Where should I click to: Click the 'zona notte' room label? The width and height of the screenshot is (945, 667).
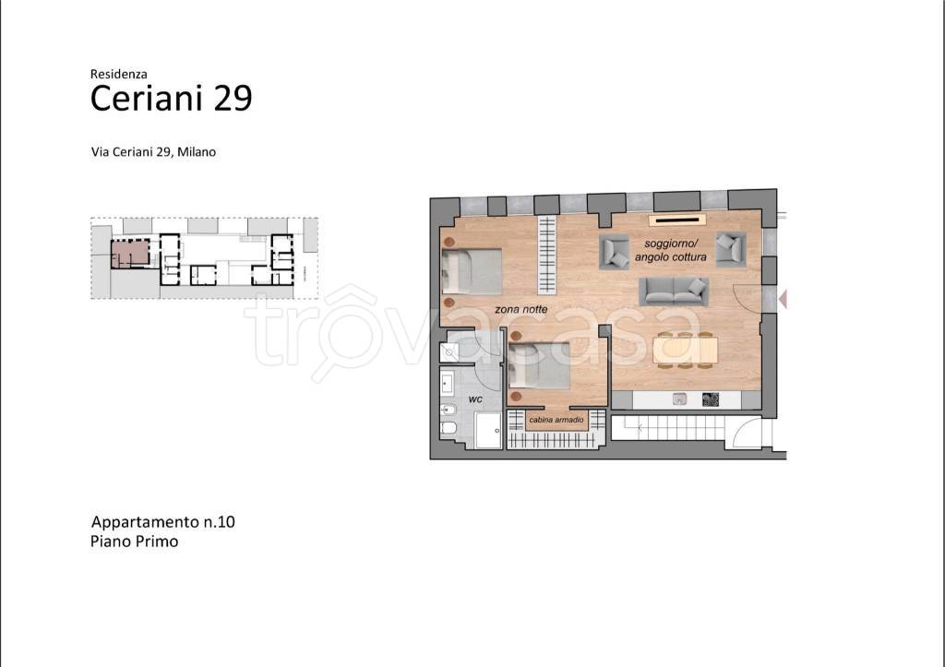pyautogui.click(x=520, y=310)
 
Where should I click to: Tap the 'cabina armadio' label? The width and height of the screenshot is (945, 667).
pyautogui.click(x=556, y=420)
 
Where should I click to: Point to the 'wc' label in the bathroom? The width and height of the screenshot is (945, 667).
pyautogui.click(x=475, y=399)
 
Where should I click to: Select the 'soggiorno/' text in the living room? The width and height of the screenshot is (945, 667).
pyautogui.click(x=671, y=244)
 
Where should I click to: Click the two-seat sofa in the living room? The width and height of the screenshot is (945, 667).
pyautogui.click(x=673, y=291)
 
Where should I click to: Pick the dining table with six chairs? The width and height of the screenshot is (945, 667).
pyautogui.click(x=686, y=350)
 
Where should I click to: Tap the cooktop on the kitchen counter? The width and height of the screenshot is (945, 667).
pyautogui.click(x=711, y=399)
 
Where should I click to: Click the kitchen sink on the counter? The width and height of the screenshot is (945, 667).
pyautogui.click(x=679, y=399)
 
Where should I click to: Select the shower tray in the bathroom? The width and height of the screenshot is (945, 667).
pyautogui.click(x=488, y=430)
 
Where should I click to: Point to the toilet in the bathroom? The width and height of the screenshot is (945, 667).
pyautogui.click(x=449, y=428)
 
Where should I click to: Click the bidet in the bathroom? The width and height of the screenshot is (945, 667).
pyautogui.click(x=449, y=411)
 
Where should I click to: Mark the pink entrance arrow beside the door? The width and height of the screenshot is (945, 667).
pyautogui.click(x=783, y=299)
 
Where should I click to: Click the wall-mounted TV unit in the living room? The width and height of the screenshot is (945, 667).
pyautogui.click(x=676, y=220)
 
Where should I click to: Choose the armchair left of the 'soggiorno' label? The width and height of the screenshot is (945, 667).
pyautogui.click(x=614, y=252)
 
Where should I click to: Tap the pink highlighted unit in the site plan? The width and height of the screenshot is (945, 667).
pyautogui.click(x=130, y=254)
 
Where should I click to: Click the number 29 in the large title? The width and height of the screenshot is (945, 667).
pyautogui.click(x=233, y=98)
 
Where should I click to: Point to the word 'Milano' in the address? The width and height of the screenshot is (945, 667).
pyautogui.click(x=197, y=152)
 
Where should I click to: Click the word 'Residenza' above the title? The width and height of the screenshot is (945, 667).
pyautogui.click(x=119, y=74)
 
